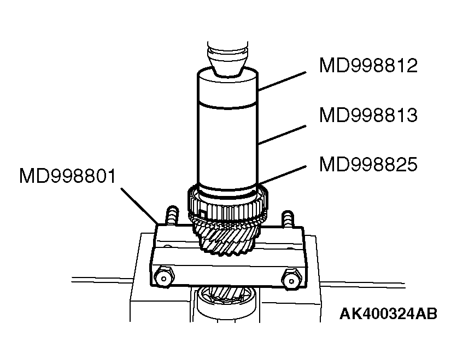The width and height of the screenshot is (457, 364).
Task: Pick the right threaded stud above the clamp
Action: pyautogui.click(x=287, y=220)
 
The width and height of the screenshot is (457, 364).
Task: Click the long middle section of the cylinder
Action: pyautogui.click(x=226, y=142)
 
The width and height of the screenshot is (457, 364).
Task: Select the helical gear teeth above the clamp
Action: pyautogui.click(x=227, y=241)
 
